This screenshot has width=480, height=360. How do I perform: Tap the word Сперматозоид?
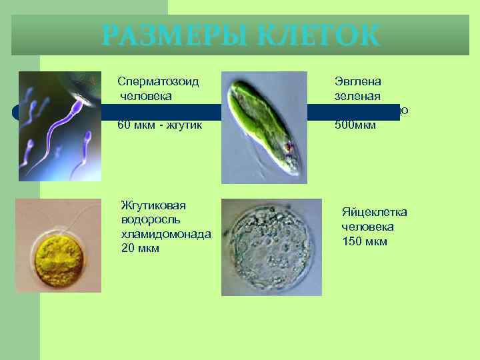159,81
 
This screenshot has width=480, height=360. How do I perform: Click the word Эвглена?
357,81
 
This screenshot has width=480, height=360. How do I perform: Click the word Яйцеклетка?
374,212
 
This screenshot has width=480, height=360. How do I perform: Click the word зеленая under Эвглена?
357,96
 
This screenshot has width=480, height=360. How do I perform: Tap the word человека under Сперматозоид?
146,96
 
